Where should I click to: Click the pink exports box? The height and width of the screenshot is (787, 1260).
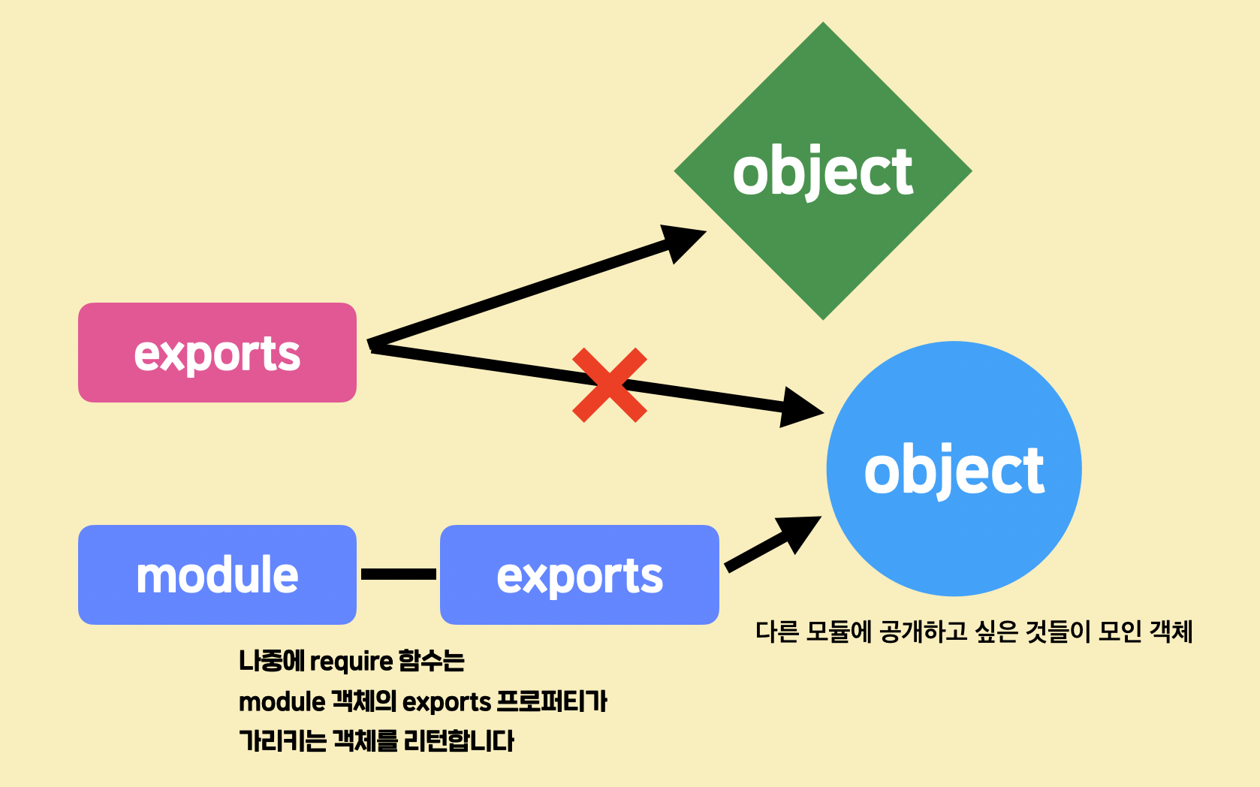[x=217, y=353]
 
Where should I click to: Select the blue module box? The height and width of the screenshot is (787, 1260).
[x=217, y=574]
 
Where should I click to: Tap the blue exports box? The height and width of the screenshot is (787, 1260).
[x=579, y=574]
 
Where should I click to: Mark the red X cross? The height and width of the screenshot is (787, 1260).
[x=609, y=385]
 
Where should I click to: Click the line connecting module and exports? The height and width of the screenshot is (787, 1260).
[x=398, y=574]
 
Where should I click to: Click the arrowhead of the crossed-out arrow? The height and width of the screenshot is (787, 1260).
[x=799, y=408]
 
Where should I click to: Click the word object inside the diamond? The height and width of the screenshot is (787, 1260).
[x=822, y=173]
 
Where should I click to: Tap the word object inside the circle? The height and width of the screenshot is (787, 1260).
[x=954, y=471]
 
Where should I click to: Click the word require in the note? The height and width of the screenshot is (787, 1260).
[x=351, y=662]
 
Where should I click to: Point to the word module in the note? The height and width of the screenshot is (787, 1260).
[x=282, y=702]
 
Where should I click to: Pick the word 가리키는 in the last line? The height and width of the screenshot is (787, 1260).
[x=282, y=741]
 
